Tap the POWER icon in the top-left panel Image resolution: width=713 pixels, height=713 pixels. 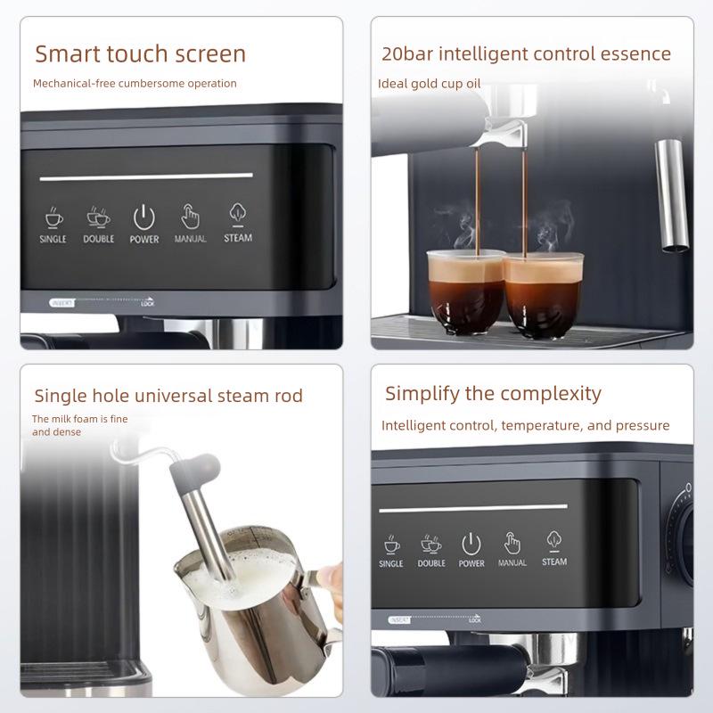coord(144,217)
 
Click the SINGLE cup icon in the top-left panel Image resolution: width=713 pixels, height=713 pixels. coord(53,217)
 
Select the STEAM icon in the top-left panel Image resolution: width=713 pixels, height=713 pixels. coord(238,215)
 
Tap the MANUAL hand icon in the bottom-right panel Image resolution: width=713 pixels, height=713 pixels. coord(512,543)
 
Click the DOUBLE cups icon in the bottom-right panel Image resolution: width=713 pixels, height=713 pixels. coord(431,544)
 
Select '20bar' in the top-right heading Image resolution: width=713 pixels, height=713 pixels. coord(406,53)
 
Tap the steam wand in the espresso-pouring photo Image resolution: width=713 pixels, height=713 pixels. coord(671,192)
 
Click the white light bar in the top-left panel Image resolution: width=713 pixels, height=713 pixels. coord(146,176)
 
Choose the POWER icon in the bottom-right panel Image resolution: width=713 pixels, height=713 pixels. coord(471,543)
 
